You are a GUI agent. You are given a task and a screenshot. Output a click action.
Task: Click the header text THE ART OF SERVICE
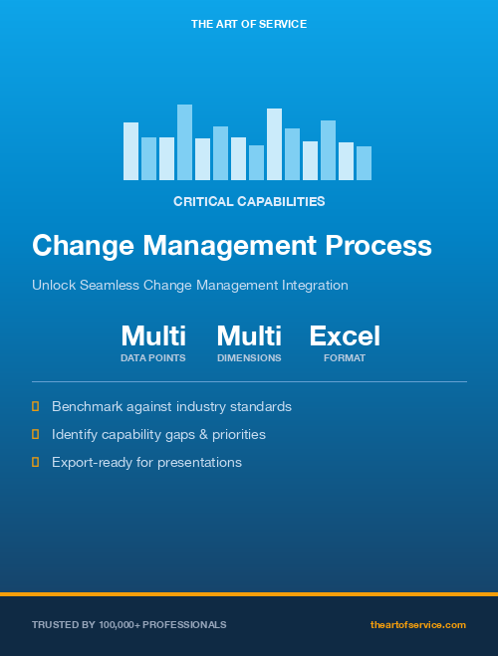pyautogui.click(x=249, y=23)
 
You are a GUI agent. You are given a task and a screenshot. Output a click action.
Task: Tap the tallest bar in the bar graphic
pyautogui.click(x=184, y=142)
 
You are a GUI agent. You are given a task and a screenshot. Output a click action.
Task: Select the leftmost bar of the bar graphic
pyautogui.click(x=130, y=151)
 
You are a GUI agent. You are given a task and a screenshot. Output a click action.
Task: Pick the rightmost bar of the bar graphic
pyautogui.click(x=364, y=163)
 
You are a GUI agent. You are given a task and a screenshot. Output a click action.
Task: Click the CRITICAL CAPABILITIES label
pyautogui.click(x=249, y=201)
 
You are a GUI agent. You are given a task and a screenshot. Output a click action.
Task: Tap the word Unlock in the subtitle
pyautogui.click(x=52, y=286)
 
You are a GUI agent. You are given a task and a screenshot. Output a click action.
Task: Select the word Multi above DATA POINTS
pyautogui.click(x=153, y=335)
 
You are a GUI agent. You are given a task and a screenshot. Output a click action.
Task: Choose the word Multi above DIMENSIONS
pyautogui.click(x=249, y=335)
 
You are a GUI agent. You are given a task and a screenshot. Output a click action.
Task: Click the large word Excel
pyautogui.click(x=345, y=335)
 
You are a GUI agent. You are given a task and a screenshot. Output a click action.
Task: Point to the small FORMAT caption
pyautogui.click(x=345, y=357)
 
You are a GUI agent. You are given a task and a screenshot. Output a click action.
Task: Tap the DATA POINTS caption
pyautogui.click(x=153, y=357)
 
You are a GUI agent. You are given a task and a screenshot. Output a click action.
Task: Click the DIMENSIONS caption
pyautogui.click(x=249, y=357)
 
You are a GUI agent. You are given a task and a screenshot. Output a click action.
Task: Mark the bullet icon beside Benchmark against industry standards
pyautogui.click(x=36, y=406)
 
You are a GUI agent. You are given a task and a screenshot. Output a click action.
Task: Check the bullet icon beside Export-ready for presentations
pyautogui.click(x=36, y=462)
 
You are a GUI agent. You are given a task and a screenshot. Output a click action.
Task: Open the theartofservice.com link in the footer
pyautogui.click(x=418, y=624)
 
